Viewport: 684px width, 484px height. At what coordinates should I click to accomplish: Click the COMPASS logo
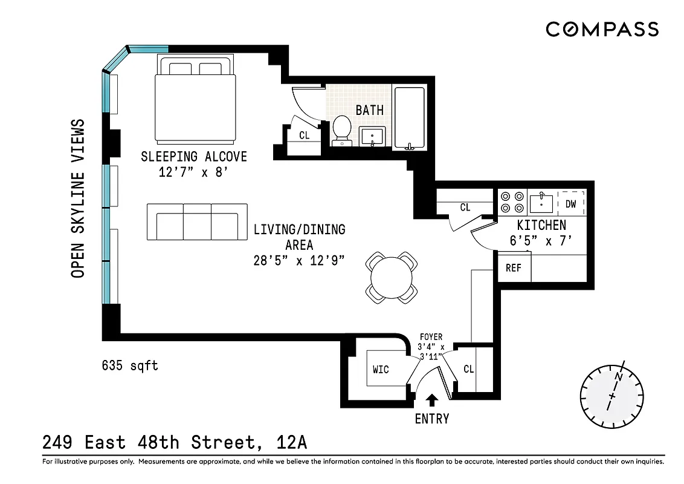[602, 29]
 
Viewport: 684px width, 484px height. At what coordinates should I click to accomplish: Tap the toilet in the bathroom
[342, 130]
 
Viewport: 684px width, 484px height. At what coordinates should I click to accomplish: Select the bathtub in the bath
[410, 118]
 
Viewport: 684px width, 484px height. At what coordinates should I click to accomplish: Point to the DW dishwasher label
[571, 204]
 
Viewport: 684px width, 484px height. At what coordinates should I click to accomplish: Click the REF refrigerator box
[514, 268]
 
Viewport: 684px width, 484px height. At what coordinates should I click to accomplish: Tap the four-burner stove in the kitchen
[512, 202]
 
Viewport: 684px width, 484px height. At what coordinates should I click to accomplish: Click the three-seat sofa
[197, 221]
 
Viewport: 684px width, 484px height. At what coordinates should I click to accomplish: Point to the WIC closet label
[381, 369]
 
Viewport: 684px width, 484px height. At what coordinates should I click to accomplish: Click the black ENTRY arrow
[432, 400]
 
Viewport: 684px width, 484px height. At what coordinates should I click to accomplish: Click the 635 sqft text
[130, 365]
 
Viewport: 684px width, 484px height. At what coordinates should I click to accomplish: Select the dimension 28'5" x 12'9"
[299, 261]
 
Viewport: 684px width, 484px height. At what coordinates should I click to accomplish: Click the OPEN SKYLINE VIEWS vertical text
[77, 198]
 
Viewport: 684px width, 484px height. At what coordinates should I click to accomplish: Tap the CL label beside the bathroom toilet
[305, 136]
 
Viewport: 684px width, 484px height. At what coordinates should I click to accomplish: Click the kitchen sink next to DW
[541, 203]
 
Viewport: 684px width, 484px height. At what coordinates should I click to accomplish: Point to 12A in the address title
[292, 443]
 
